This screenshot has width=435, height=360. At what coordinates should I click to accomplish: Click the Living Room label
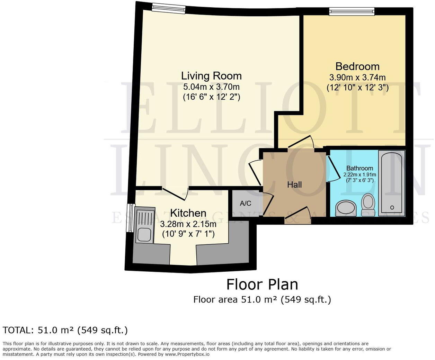pos(211,76)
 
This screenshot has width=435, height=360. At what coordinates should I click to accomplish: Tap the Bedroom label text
pos(357,66)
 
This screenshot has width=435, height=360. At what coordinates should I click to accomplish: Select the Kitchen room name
pos(188,213)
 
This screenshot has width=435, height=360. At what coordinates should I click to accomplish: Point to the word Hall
pos(294,184)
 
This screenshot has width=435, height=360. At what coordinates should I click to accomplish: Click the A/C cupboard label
pos(246,203)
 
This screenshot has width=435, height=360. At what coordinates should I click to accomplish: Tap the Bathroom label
pos(359,168)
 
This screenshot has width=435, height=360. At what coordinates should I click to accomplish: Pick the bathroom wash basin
pos(346,208)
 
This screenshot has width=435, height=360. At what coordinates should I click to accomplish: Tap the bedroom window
pos(352,12)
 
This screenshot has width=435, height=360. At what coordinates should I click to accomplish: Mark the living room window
pos(168,8)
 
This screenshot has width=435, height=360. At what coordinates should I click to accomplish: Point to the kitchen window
pos(130,218)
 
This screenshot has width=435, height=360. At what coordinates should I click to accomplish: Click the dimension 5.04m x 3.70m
pos(211,87)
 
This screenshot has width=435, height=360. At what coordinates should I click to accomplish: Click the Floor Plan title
pos(262,285)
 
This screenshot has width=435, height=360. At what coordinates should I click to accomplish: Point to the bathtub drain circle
pos(392,207)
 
